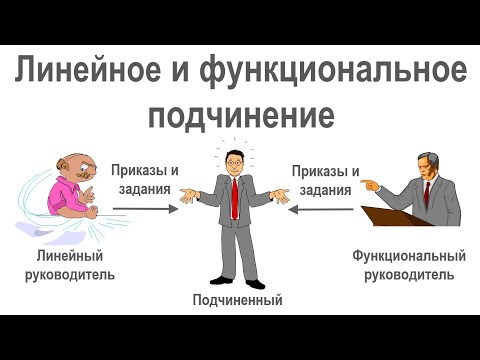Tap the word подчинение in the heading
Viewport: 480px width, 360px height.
pos(240,116)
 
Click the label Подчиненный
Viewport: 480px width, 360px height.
pos(238,299)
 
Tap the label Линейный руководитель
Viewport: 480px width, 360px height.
pos(69,265)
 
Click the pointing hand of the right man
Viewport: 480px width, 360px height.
pos(372,184)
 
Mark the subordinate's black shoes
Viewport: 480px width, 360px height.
pos(237,281)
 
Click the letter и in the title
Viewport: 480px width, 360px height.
pos(180,75)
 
